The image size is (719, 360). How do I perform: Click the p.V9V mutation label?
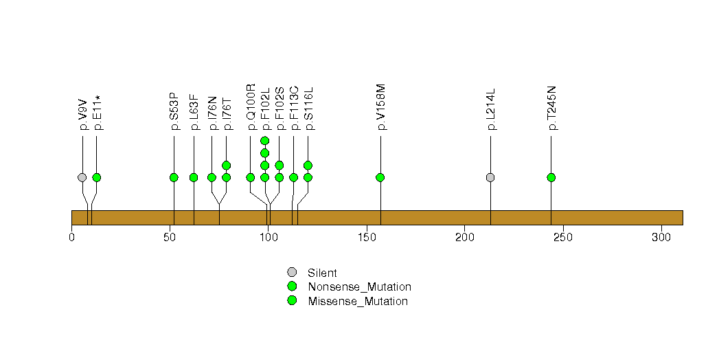tap(82, 117)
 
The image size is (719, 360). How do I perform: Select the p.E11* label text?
tap(97, 113)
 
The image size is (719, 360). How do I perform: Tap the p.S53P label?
tap(174, 111)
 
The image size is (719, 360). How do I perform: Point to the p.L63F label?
tap(194, 112)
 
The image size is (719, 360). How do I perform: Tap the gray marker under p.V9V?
tap(82, 177)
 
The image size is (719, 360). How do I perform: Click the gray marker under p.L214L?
tap(490, 177)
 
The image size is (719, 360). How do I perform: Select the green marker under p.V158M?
tap(380, 177)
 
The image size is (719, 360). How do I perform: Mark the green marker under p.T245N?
tap(551, 177)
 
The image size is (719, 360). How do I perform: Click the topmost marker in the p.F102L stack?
tap(265, 141)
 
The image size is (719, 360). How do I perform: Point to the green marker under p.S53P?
tap(174, 177)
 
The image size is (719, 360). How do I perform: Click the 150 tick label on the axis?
tap(367, 238)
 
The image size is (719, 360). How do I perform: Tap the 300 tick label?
tap(661, 238)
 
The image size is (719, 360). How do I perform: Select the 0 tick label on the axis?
tap(71, 238)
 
